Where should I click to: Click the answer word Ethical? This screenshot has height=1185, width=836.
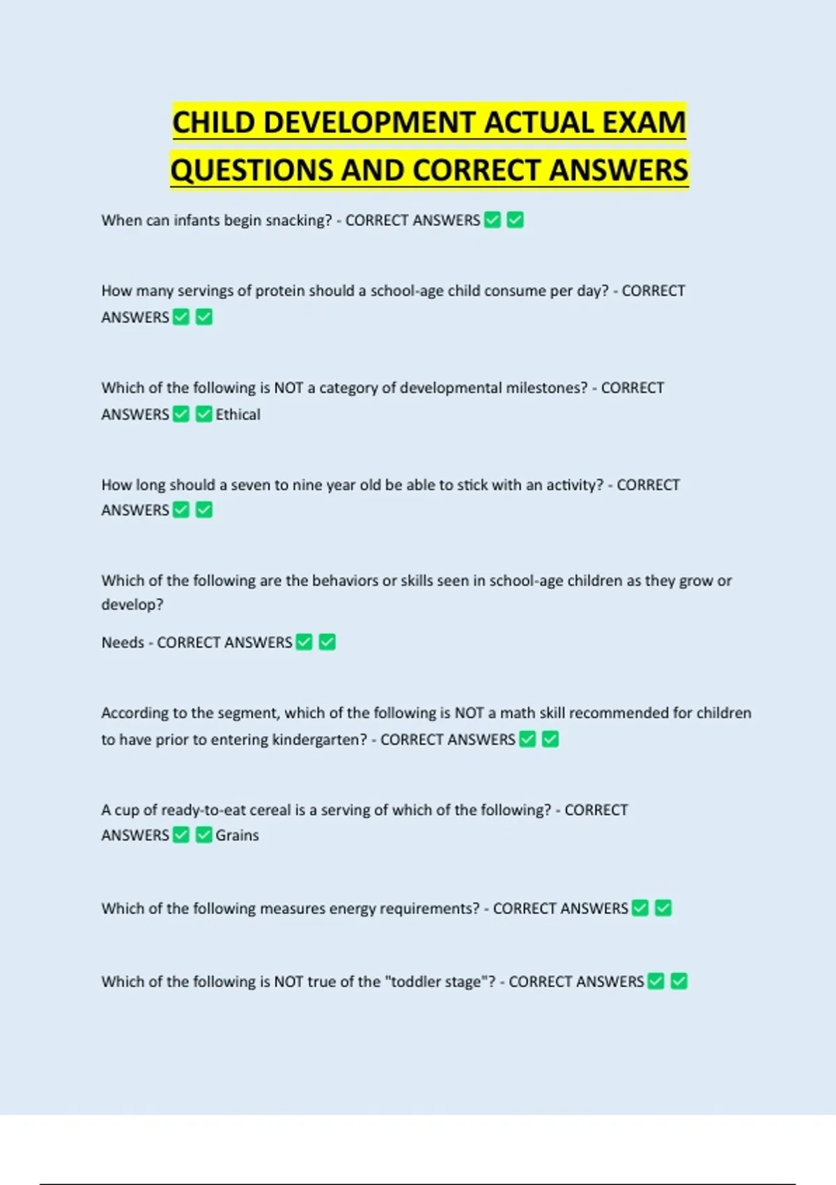point(238,415)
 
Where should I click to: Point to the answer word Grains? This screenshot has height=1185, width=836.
point(237,835)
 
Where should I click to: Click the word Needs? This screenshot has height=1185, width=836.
point(123,642)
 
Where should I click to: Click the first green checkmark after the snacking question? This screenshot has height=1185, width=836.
point(493,220)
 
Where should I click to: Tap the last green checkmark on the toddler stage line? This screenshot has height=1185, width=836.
point(679,981)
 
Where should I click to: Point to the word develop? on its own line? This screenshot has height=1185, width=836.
point(132,604)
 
